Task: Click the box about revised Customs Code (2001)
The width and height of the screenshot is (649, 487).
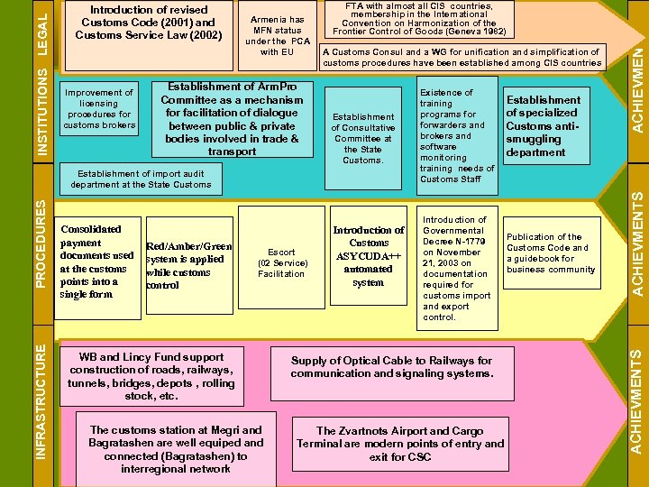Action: (x=148, y=23)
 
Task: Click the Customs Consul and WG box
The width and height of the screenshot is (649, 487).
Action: (x=461, y=58)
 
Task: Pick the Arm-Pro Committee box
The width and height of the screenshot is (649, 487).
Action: (x=231, y=118)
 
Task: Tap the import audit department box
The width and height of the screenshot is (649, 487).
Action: (x=142, y=179)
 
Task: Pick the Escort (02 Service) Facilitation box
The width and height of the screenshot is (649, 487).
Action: (x=281, y=262)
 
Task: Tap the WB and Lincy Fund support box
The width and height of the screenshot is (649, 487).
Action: (x=151, y=376)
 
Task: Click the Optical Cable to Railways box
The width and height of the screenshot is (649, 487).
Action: (x=391, y=367)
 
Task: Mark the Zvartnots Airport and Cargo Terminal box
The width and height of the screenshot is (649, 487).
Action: (x=400, y=444)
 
